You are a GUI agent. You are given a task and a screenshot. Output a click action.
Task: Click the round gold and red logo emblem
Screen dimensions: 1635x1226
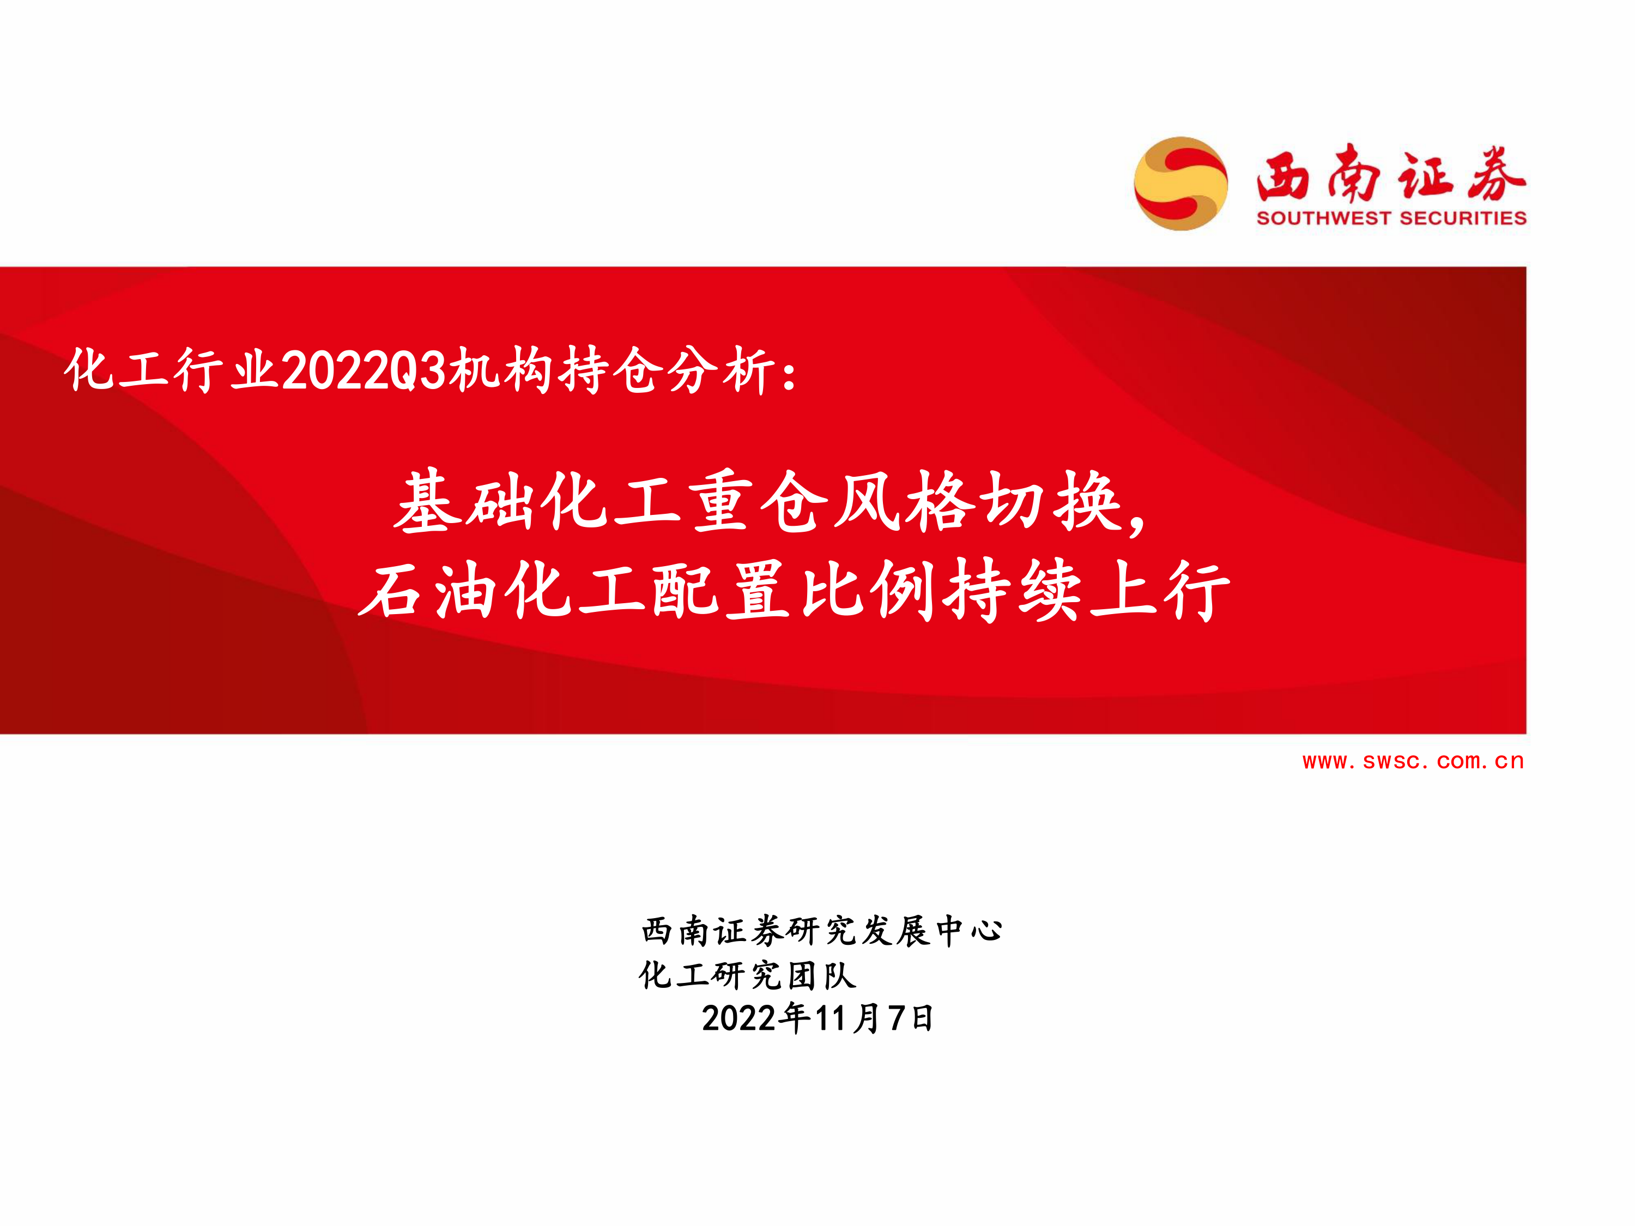click(1180, 183)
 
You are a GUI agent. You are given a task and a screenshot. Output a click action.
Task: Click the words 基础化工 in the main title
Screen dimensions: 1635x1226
click(537, 502)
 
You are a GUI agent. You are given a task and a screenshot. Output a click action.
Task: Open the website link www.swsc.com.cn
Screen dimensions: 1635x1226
click(1413, 761)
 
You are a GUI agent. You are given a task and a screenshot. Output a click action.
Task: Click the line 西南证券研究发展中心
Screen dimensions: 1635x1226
click(822, 931)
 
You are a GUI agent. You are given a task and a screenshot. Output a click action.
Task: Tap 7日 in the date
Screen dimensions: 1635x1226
click(911, 1018)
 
